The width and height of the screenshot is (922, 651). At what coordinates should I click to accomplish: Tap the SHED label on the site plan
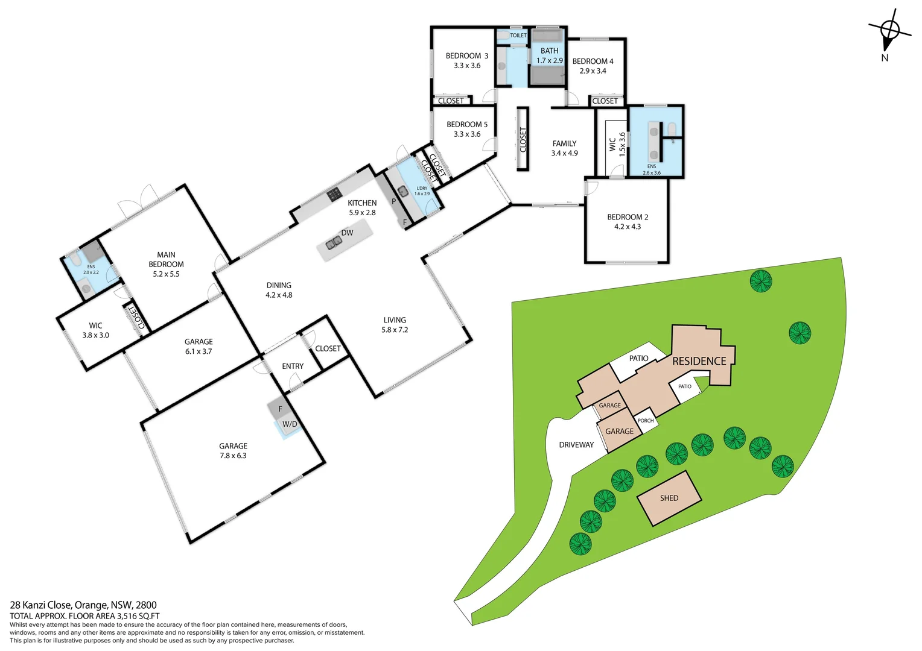(669, 498)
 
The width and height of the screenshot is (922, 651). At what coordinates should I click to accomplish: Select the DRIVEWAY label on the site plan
(576, 445)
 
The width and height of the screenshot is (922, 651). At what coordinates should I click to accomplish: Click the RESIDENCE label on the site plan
(699, 361)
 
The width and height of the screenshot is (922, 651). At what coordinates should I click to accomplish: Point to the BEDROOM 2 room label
(628, 217)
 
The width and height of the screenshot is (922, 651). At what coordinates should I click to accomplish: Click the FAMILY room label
(564, 143)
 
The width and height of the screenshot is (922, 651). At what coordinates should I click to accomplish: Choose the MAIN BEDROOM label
(166, 260)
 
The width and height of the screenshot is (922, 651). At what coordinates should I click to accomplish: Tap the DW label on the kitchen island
(347, 233)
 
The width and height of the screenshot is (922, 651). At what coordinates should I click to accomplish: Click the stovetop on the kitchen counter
(334, 195)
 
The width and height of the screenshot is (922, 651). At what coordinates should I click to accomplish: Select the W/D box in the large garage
(290, 424)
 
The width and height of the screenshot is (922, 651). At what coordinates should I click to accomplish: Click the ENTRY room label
(293, 366)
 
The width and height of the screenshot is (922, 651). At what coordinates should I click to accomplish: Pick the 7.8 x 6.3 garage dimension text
(233, 456)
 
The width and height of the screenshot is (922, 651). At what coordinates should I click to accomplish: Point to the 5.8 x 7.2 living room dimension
(395, 330)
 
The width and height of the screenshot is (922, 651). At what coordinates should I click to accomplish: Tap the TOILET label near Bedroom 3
(518, 36)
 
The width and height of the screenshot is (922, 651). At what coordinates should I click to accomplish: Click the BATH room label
(549, 51)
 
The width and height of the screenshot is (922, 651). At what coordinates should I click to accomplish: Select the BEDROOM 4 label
(593, 61)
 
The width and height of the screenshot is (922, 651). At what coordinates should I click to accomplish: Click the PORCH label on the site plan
(646, 421)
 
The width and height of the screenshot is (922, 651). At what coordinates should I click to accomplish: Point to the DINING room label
(279, 286)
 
